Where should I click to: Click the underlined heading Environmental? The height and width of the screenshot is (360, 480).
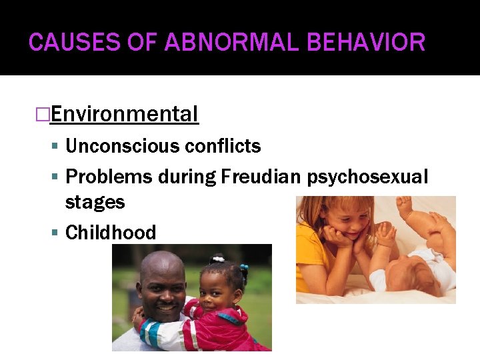(124, 115)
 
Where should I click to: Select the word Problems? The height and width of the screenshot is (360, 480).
(109, 177)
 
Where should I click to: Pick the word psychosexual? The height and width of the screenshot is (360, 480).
(367, 177)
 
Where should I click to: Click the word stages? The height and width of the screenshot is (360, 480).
(95, 201)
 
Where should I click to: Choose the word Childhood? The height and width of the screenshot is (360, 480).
(111, 233)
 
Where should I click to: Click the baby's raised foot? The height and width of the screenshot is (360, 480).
(404, 206)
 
